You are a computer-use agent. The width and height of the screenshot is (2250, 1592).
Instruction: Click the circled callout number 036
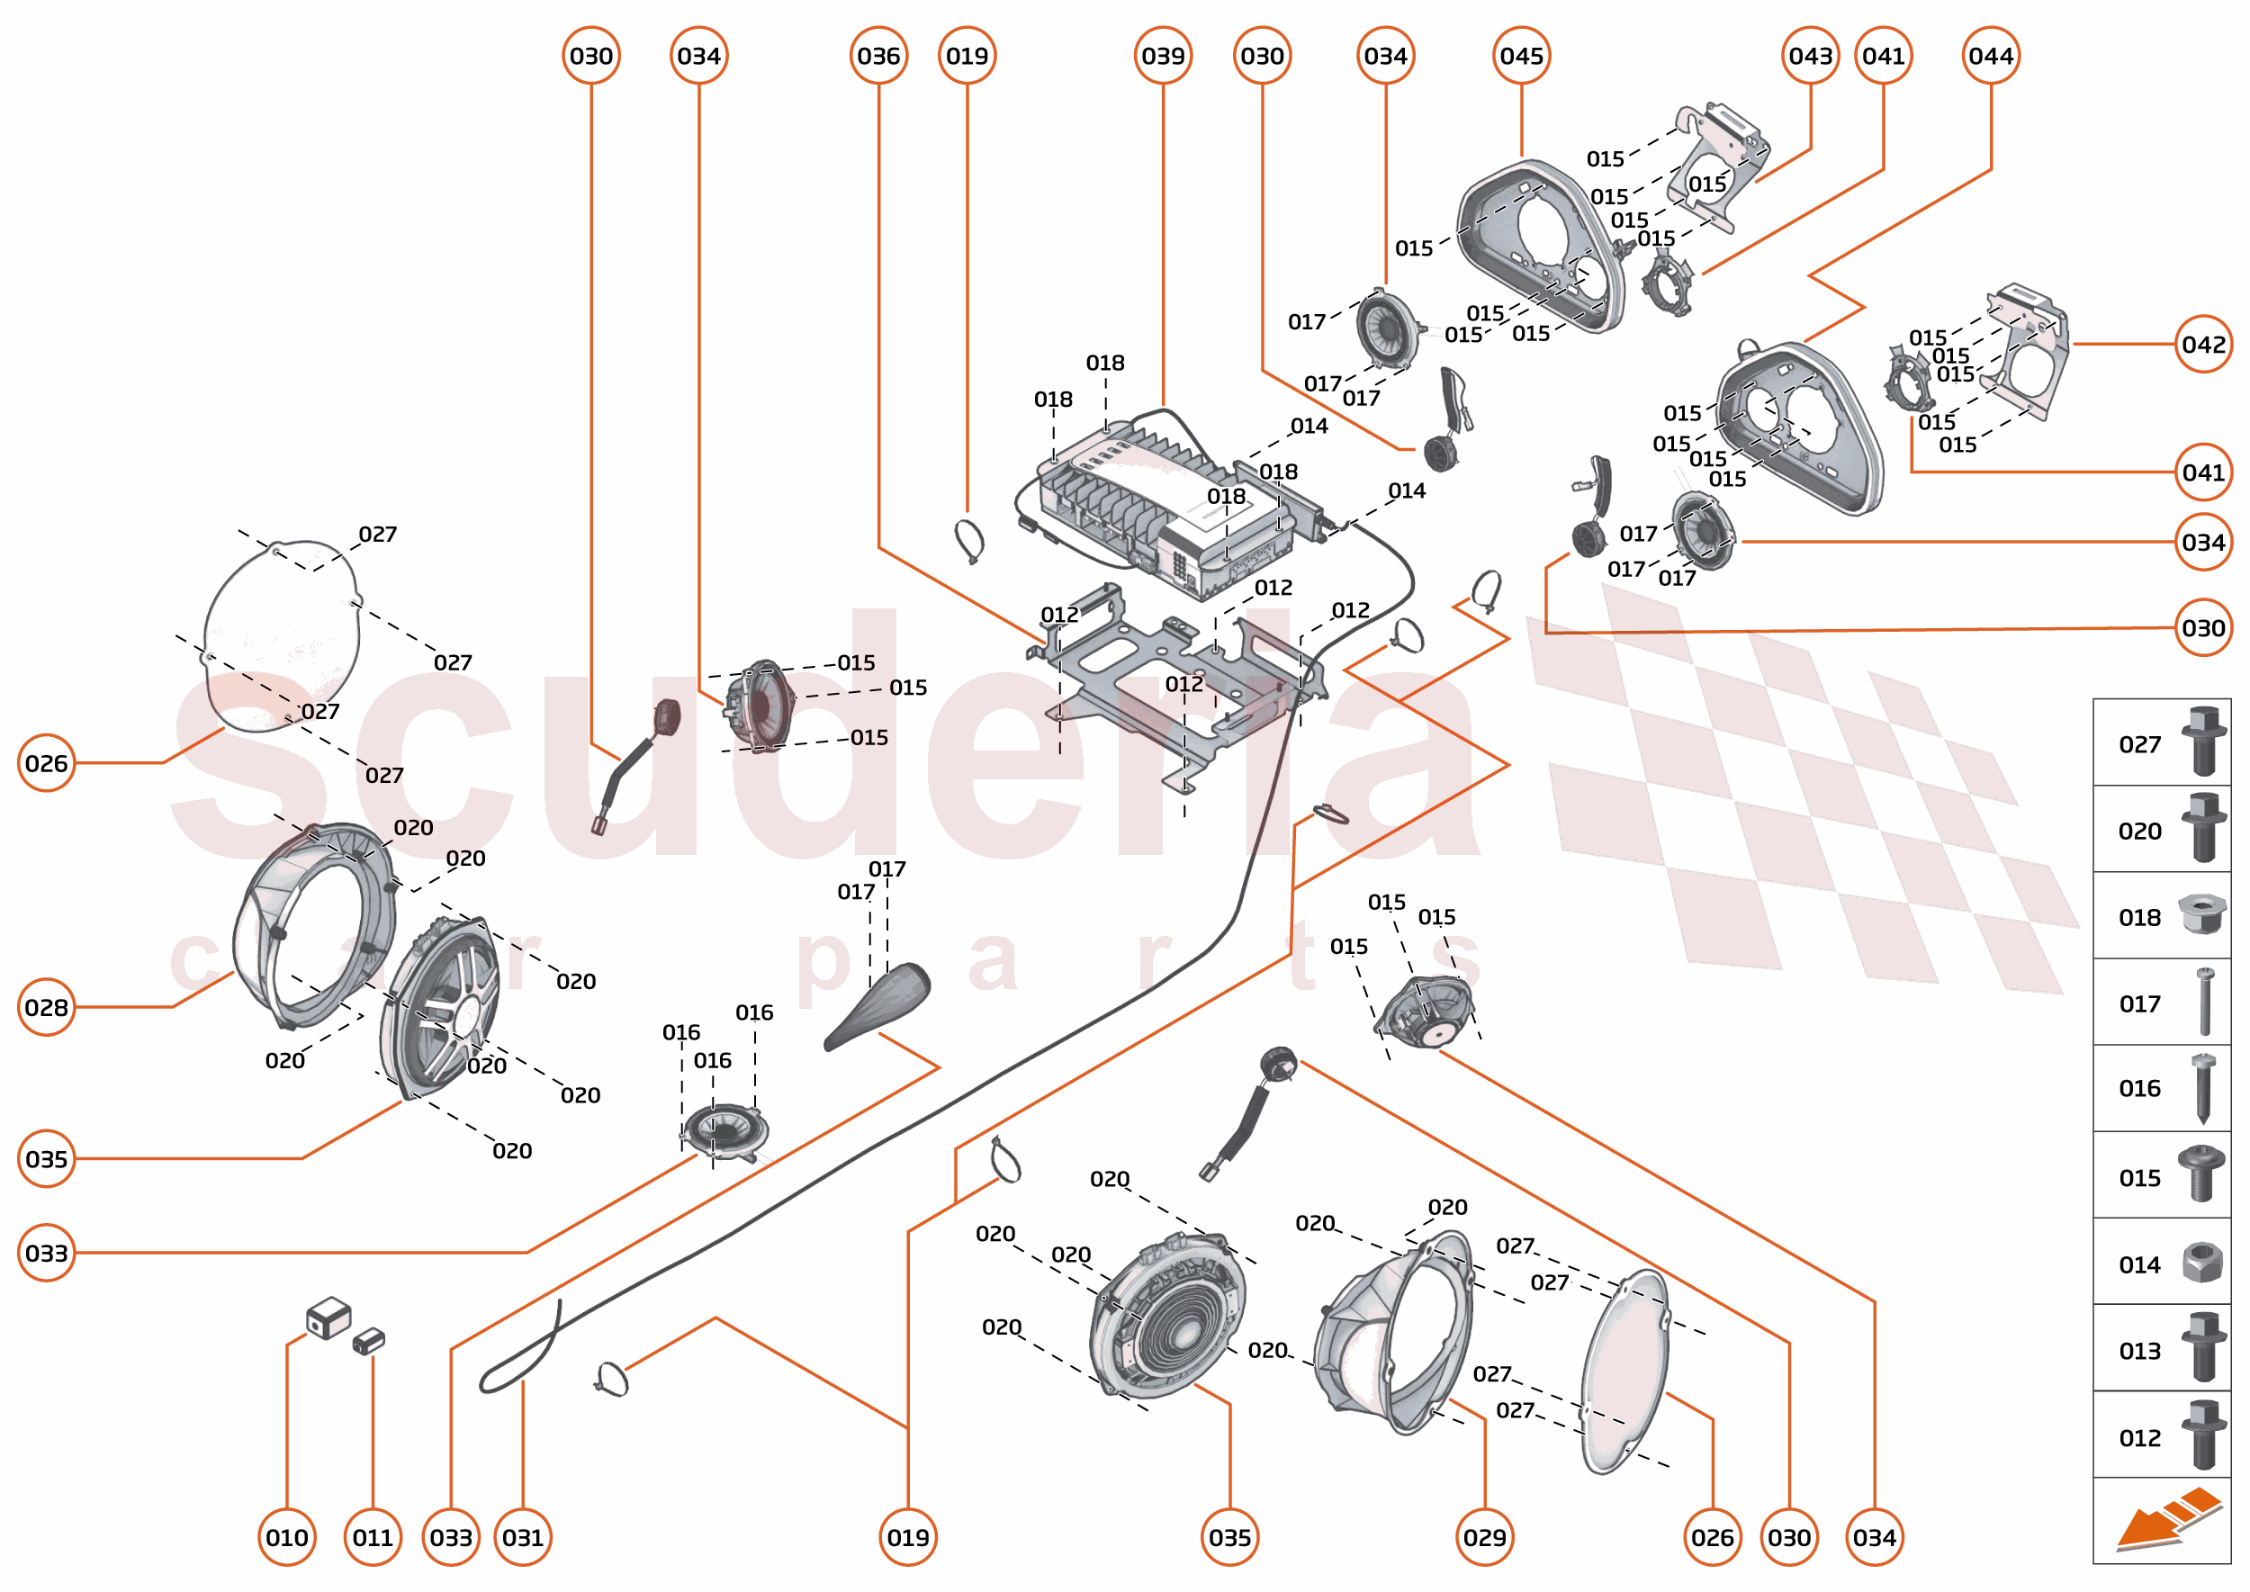click(877, 56)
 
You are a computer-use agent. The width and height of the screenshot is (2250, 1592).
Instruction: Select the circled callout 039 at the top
click(1163, 56)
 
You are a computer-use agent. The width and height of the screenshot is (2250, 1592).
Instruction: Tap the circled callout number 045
click(1521, 56)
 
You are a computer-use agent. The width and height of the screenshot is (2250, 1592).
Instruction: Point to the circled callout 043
click(1810, 56)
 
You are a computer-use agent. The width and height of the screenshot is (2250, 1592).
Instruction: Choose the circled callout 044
click(1990, 56)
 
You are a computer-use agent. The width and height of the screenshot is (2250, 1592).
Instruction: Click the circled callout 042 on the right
click(2203, 344)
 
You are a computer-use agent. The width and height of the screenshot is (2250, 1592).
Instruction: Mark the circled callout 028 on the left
click(46, 1007)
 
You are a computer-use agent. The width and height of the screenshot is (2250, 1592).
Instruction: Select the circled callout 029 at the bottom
click(1484, 1537)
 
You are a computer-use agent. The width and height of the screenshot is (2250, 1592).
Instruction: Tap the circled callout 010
click(286, 1537)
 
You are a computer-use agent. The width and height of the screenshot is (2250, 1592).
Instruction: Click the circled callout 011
click(373, 1537)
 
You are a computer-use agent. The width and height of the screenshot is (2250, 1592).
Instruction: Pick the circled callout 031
click(523, 1537)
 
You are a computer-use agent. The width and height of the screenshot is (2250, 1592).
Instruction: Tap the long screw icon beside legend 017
click(2205, 1002)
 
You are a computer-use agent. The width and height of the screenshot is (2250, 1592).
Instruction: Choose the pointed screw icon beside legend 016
click(2203, 1087)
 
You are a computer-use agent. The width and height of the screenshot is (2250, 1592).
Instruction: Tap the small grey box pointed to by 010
click(328, 1318)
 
